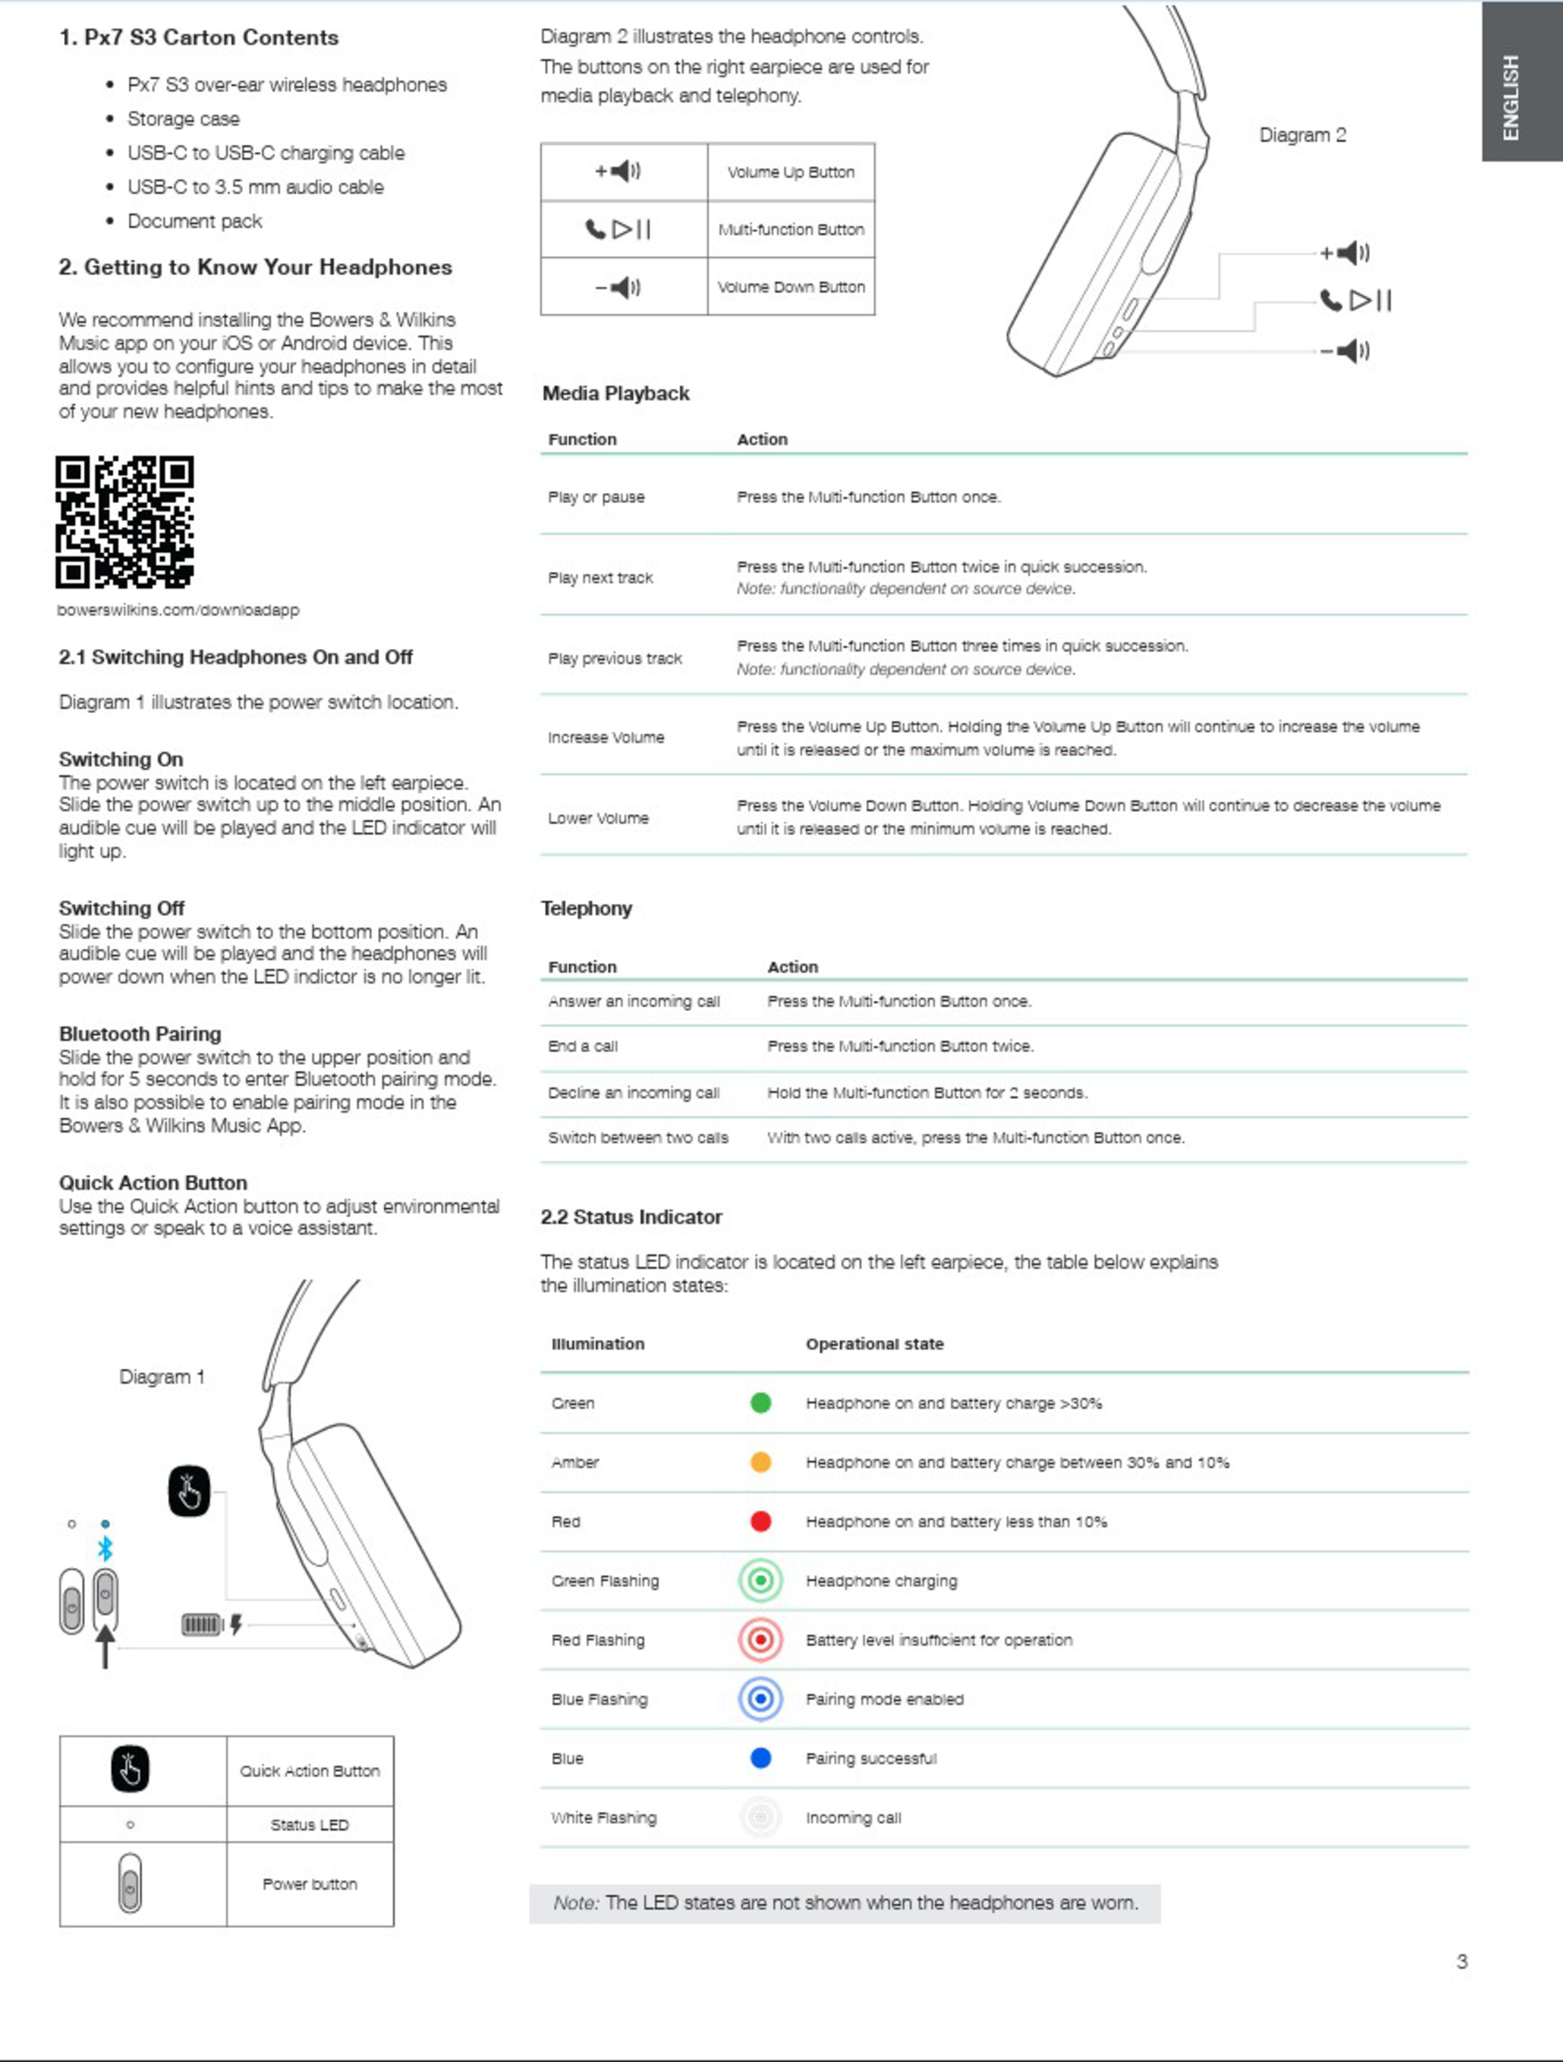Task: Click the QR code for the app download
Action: [x=125, y=522]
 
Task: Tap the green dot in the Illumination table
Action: [x=760, y=1403]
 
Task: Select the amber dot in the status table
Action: [x=760, y=1462]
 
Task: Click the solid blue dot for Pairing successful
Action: [x=760, y=1758]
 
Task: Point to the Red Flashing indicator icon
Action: [x=760, y=1640]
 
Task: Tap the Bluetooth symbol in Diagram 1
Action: [x=105, y=1548]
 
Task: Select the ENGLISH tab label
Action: [x=1511, y=98]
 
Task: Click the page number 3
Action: [x=1461, y=1961]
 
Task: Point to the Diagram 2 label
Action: [x=1302, y=135]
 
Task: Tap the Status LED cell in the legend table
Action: [x=309, y=1824]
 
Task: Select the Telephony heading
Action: [x=586, y=908]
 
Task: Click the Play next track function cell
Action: [x=600, y=578]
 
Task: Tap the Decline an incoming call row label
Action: [x=634, y=1092]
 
